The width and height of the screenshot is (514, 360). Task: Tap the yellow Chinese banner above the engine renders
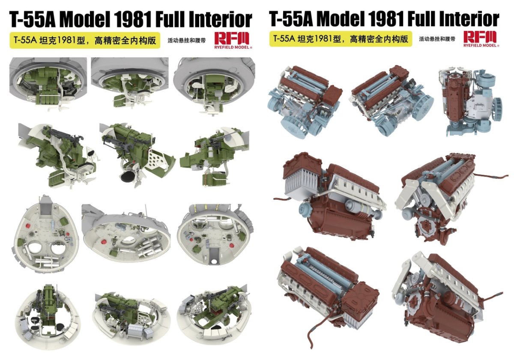tap(341, 39)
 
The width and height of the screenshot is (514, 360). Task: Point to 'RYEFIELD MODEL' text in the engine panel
tap(481, 45)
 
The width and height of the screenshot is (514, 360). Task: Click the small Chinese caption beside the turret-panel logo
tap(187, 41)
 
